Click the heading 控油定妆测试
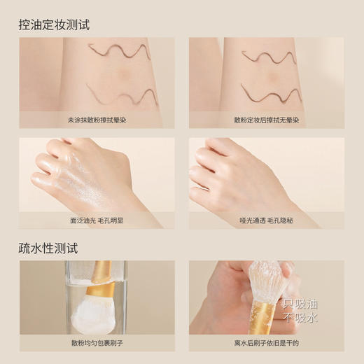(x=55, y=24)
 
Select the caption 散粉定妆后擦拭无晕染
(x=266, y=120)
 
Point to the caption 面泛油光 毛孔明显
(x=96, y=219)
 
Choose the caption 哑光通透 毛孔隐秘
(x=266, y=219)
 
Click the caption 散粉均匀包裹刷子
(x=96, y=342)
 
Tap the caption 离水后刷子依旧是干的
(x=266, y=342)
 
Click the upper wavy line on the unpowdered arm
(x=119, y=51)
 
